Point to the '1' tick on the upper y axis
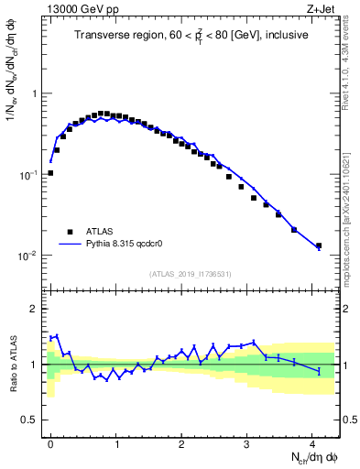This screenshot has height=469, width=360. [34, 94]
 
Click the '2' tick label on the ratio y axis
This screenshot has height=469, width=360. [34, 309]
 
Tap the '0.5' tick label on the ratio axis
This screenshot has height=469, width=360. [29, 420]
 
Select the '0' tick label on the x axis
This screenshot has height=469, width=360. [50, 443]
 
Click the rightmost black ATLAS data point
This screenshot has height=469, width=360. [319, 245]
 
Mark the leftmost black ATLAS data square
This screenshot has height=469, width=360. [50, 172]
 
